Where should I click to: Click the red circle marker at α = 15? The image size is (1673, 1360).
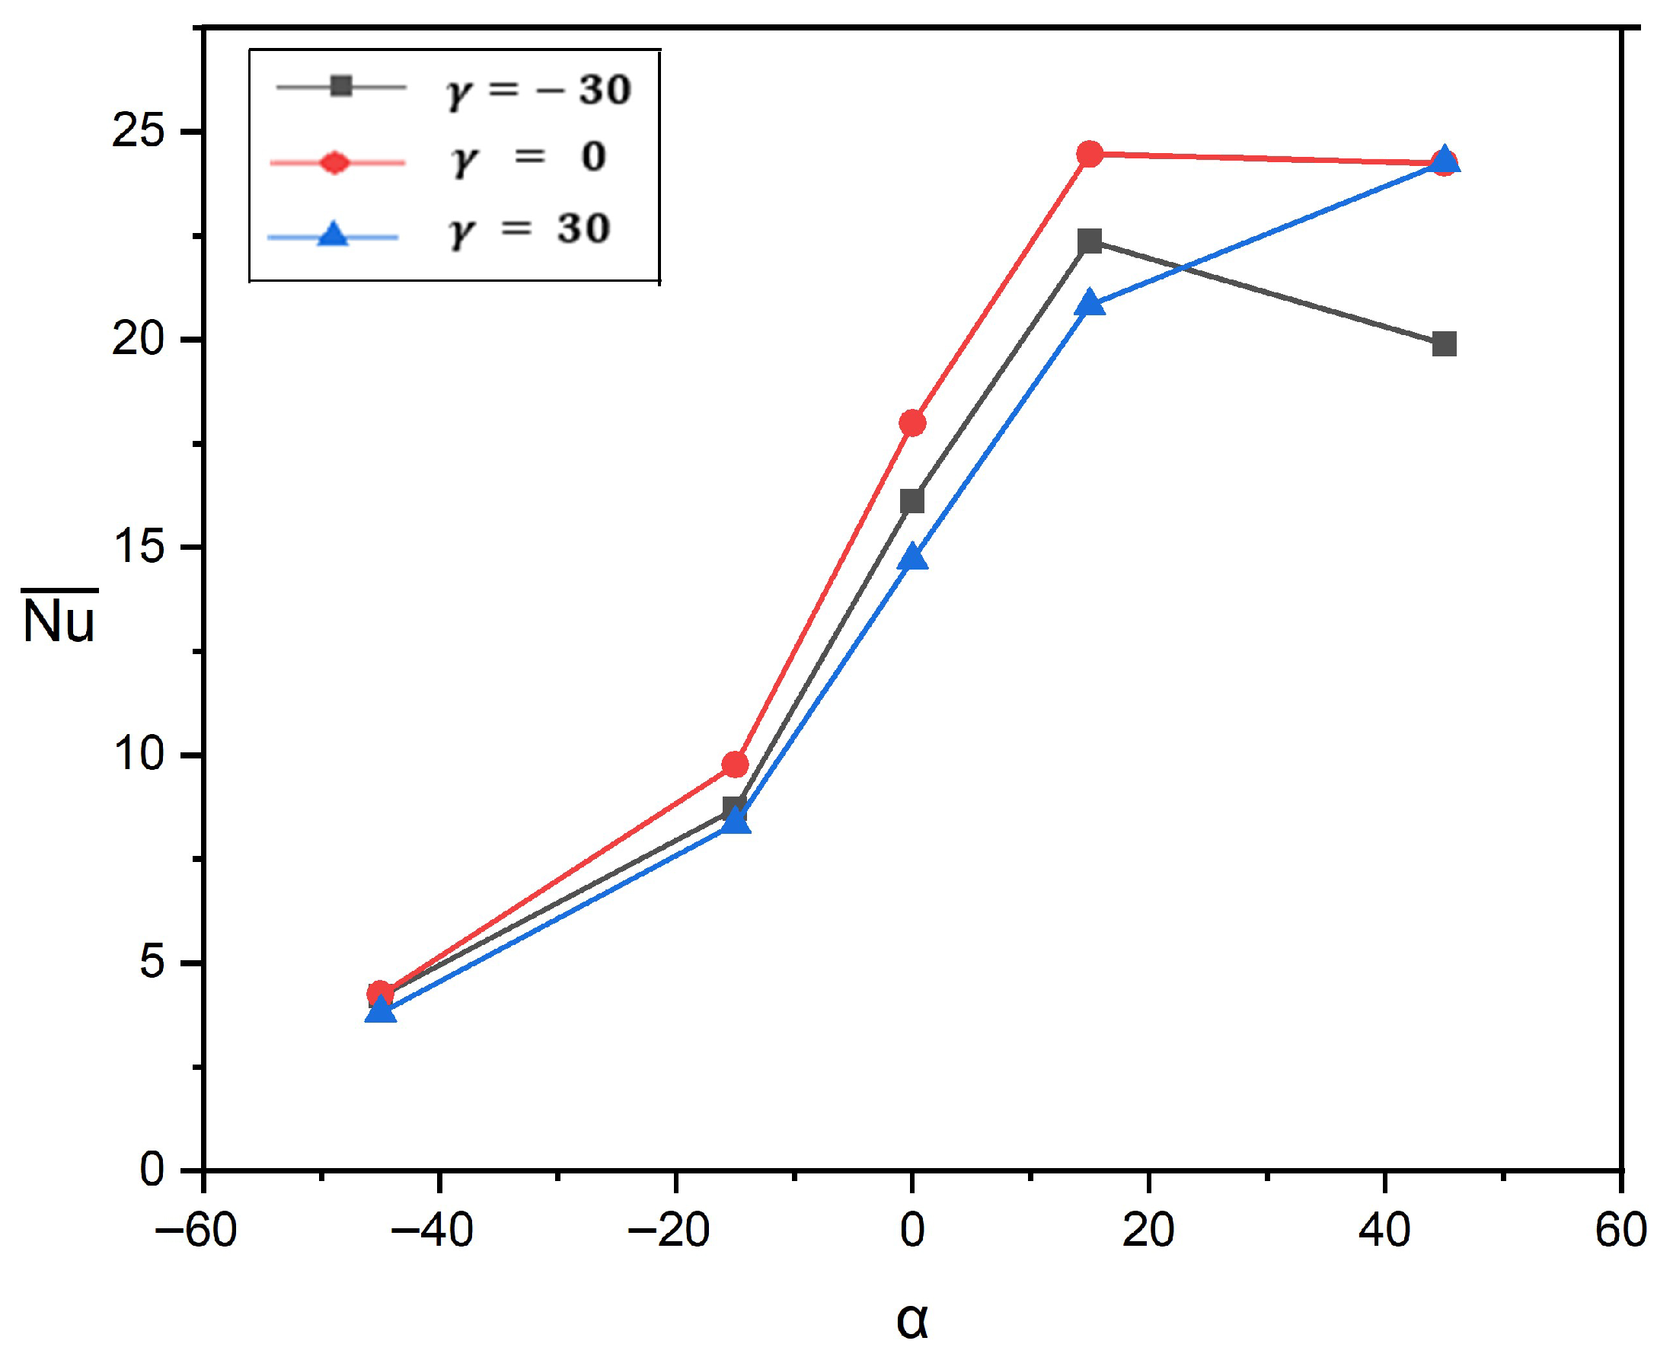click(1090, 154)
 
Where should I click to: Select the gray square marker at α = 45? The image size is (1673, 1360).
click(1445, 344)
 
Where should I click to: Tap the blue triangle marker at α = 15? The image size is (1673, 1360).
click(1090, 303)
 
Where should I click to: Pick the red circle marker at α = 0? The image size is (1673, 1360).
click(912, 423)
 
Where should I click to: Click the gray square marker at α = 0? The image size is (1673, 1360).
click(912, 501)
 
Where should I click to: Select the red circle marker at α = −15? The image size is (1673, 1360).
click(735, 764)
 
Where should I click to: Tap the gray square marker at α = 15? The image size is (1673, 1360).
click(1090, 241)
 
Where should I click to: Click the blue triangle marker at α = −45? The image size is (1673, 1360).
click(381, 1010)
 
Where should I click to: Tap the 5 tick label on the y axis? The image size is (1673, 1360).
click(152, 962)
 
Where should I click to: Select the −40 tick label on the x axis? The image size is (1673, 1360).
click(433, 1231)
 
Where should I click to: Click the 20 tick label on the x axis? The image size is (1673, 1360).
click(1148, 1231)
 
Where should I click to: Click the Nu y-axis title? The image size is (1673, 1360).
click(59, 619)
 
